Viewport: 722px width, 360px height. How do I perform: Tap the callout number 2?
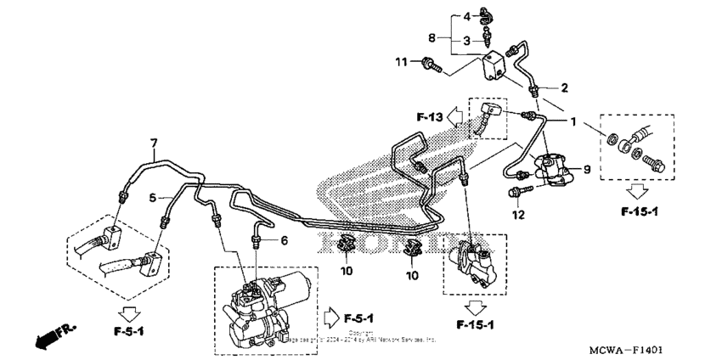(x=564, y=87)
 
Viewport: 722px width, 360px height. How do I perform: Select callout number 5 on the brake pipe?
(x=155, y=199)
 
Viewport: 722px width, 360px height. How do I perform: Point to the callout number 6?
(x=285, y=240)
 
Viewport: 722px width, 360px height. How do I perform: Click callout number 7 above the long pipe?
(x=154, y=143)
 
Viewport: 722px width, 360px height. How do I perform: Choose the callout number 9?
(x=585, y=169)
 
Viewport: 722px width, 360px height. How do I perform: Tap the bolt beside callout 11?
(x=430, y=62)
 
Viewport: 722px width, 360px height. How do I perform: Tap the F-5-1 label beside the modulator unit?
(x=360, y=318)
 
